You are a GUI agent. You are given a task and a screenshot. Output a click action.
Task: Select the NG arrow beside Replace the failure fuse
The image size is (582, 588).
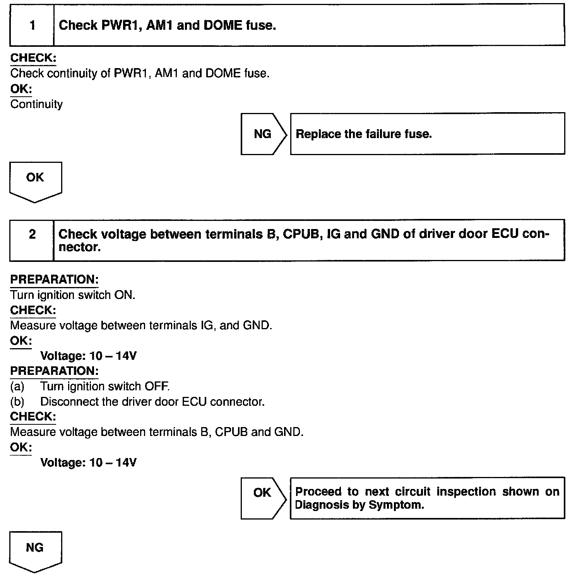(x=263, y=134)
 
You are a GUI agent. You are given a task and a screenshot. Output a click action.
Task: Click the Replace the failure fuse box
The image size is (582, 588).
(x=427, y=134)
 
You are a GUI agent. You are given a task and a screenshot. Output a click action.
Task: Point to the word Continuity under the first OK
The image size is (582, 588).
(x=36, y=104)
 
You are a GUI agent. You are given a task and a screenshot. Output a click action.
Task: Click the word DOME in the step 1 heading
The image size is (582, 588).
(x=223, y=26)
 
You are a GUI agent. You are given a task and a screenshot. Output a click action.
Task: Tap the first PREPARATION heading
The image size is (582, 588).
(x=54, y=280)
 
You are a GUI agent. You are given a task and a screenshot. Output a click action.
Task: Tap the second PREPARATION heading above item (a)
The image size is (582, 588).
(x=54, y=371)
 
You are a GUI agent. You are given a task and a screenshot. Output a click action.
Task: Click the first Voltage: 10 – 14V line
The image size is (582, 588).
(x=88, y=356)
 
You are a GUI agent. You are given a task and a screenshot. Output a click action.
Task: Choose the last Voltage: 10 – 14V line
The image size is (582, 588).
(x=88, y=463)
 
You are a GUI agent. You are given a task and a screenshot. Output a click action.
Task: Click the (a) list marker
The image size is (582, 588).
(x=17, y=386)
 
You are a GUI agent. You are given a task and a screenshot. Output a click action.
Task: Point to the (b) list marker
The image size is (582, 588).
(x=17, y=402)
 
